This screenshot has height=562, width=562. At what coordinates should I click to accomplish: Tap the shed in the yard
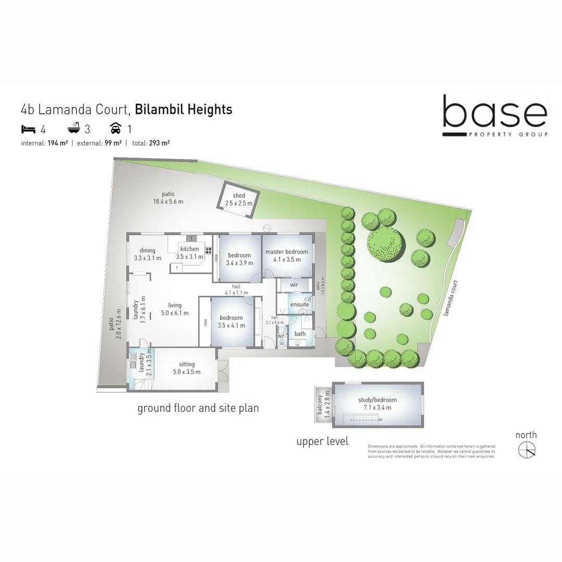tap(238, 199)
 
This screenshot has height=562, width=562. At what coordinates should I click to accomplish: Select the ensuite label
tap(299, 304)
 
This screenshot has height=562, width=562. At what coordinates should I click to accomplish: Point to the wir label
tap(293, 285)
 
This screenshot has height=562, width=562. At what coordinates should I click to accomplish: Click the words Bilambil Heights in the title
tap(183, 110)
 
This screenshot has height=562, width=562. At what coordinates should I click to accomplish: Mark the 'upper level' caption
tap(322, 442)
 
